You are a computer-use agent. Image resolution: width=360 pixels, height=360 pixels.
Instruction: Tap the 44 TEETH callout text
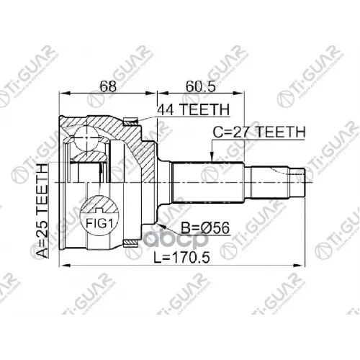(193, 109)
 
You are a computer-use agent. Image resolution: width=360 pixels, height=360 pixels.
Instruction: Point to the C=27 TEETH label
(259, 132)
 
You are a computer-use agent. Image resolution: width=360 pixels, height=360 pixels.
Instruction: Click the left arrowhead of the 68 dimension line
(63, 92)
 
